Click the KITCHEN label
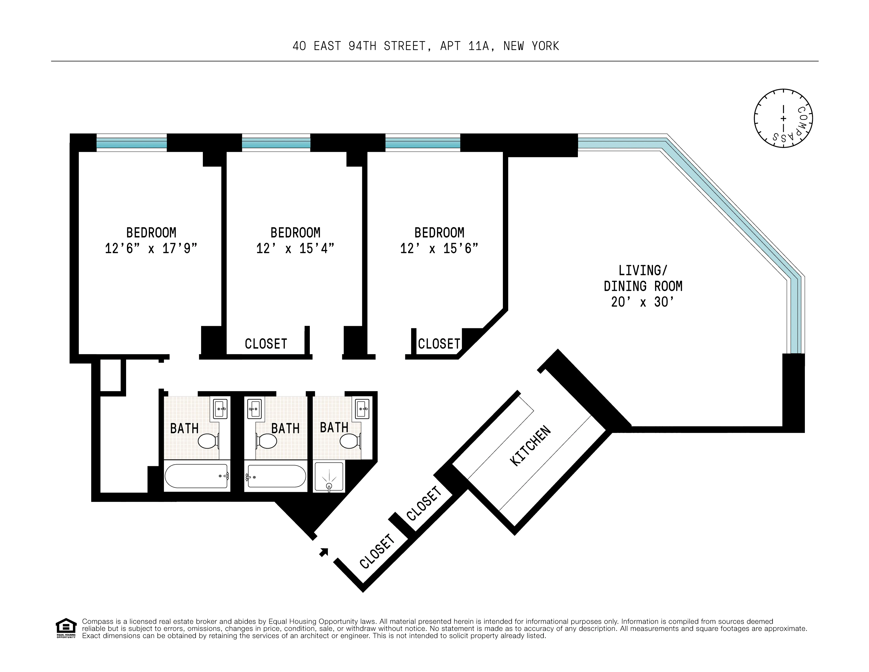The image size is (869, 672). [x=530, y=446]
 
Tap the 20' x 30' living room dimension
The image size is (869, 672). [x=643, y=302]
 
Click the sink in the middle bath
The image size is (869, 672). [x=254, y=408]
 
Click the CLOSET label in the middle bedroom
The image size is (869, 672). [x=266, y=344]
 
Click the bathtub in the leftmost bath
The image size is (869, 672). [x=197, y=476]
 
